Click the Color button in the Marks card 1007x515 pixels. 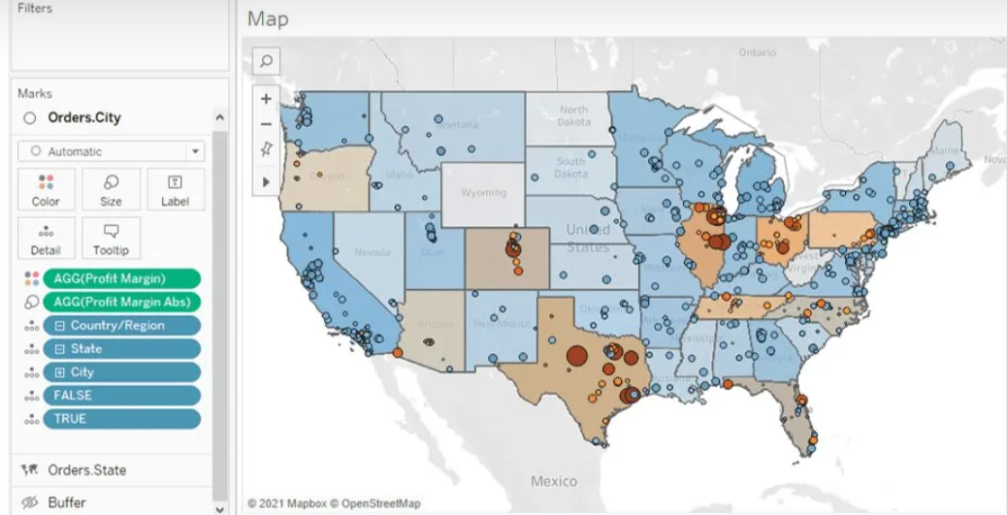[46, 189]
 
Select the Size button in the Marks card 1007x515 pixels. [111, 189]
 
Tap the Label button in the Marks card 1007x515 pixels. [175, 189]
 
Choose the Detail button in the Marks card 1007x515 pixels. [46, 238]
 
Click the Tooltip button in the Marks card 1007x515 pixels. [111, 238]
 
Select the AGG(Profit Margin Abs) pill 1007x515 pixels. [121, 302]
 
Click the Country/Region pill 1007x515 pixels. [121, 325]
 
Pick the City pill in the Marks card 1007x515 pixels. [121, 371]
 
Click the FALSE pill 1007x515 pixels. [121, 395]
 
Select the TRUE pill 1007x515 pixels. [121, 418]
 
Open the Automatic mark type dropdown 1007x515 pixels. [111, 151]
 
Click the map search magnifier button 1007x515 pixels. [266, 60]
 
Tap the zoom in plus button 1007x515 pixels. [266, 99]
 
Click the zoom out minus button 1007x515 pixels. [266, 124]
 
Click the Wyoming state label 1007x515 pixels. [483, 192]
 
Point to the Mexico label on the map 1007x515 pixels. [554, 481]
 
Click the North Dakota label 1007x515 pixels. [573, 115]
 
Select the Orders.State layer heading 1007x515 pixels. [86, 469]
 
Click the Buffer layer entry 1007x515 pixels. [67, 502]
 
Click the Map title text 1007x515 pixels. [268, 18]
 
